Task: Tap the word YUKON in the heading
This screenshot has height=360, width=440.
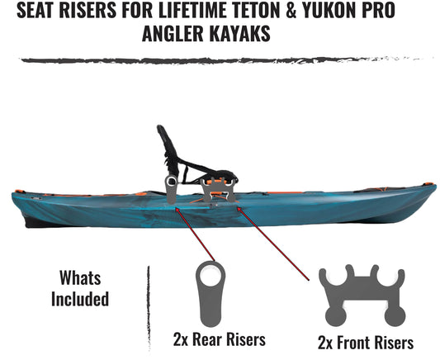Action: point(327,10)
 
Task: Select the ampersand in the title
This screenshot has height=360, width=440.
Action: point(291,11)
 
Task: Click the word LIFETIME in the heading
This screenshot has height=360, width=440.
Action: point(193,10)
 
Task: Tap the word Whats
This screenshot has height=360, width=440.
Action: point(80,277)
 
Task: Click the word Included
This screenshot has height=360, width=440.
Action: point(80,299)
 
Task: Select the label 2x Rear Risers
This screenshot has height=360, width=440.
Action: point(219,339)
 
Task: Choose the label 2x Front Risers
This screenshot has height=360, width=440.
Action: point(366,343)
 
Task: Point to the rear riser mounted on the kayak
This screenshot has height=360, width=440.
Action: point(171,190)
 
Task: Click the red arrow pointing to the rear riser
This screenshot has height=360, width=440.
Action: point(195,234)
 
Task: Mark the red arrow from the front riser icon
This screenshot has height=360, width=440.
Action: point(273,244)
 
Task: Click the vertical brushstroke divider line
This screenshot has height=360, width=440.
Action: point(149,308)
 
